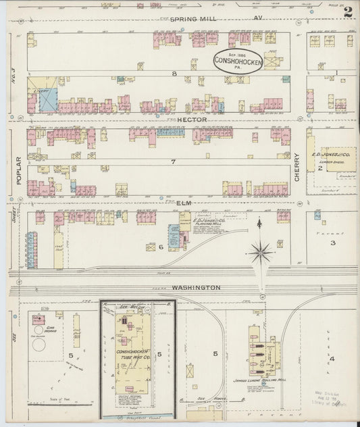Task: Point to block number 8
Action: click(174, 72)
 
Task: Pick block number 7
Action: click(173, 162)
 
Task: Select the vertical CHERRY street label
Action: click(297, 166)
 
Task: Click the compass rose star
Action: click(260, 253)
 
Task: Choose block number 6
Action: click(161, 247)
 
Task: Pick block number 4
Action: click(332, 358)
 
